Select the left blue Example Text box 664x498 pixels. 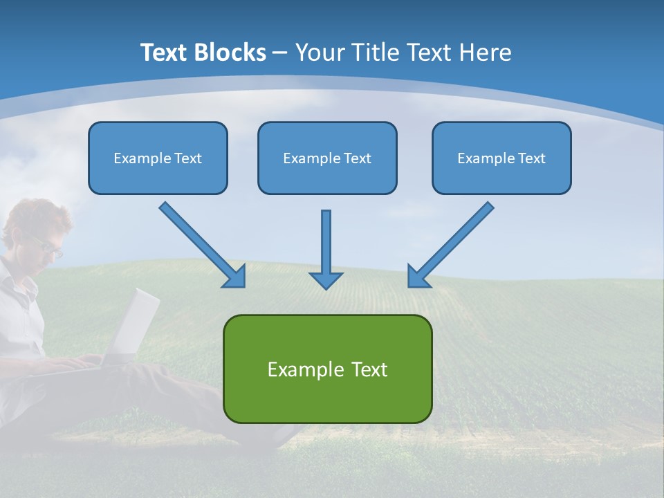coord(158,158)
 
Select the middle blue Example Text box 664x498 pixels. coord(327,158)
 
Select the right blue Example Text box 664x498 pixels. coord(501,158)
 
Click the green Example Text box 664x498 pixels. coord(327,369)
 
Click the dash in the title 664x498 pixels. coord(280,53)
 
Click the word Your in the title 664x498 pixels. coord(318,53)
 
